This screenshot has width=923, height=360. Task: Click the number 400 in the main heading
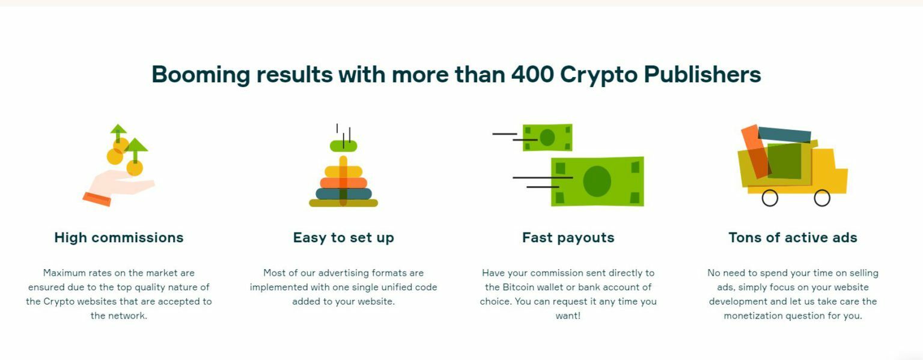click(532, 75)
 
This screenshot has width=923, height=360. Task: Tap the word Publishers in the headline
click(702, 75)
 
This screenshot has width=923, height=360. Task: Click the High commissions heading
click(118, 237)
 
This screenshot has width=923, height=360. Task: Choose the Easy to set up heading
click(343, 238)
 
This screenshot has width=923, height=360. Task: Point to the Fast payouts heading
click(568, 238)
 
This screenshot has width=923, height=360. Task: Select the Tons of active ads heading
click(793, 237)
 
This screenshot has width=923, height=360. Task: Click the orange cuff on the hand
click(97, 199)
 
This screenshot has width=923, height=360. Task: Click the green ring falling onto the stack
click(343, 146)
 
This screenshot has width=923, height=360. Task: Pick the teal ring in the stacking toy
click(344, 194)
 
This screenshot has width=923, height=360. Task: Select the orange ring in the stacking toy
click(343, 183)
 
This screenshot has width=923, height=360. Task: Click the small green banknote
click(547, 138)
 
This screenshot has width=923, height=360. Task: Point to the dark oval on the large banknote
click(597, 182)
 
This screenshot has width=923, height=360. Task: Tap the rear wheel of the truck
click(770, 198)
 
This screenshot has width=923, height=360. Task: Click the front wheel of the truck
click(822, 198)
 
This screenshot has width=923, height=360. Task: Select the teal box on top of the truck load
click(784, 135)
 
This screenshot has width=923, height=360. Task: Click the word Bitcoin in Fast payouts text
click(519, 287)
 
